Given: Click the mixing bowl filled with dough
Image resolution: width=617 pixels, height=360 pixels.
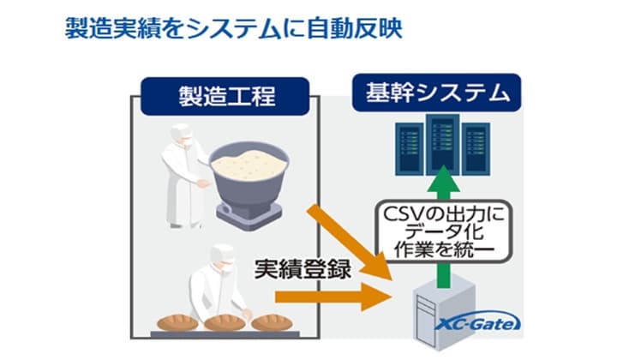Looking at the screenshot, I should coord(249,177).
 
